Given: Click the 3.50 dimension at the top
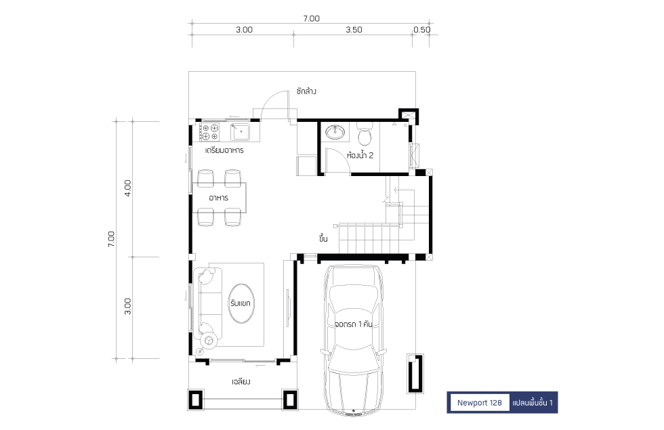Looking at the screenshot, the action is [354, 30].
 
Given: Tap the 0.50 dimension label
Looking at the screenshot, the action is [421, 30].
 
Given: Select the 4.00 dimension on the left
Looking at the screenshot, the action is [127, 188].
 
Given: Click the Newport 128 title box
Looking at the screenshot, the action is [480, 402].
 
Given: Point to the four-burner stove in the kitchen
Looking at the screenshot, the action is [209, 131].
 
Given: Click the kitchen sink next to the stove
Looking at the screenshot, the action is [240, 131].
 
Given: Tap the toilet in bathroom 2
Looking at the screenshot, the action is [365, 134].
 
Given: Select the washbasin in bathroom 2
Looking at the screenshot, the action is [335, 131].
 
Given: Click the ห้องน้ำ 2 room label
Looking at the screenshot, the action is [360, 155].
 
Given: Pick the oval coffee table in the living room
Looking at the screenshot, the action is [241, 303].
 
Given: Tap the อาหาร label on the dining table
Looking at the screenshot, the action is [218, 198].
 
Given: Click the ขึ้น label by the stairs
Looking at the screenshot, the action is [324, 238].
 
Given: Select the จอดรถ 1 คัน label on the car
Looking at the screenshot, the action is [354, 324].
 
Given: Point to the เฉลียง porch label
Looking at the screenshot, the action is [241, 382].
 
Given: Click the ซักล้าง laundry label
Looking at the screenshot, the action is [306, 91].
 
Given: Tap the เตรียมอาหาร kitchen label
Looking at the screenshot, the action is [224, 150].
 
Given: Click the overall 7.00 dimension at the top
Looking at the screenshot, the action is [311, 19].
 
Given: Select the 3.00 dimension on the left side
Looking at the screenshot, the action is [127, 306].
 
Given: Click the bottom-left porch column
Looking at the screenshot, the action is [195, 400].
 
